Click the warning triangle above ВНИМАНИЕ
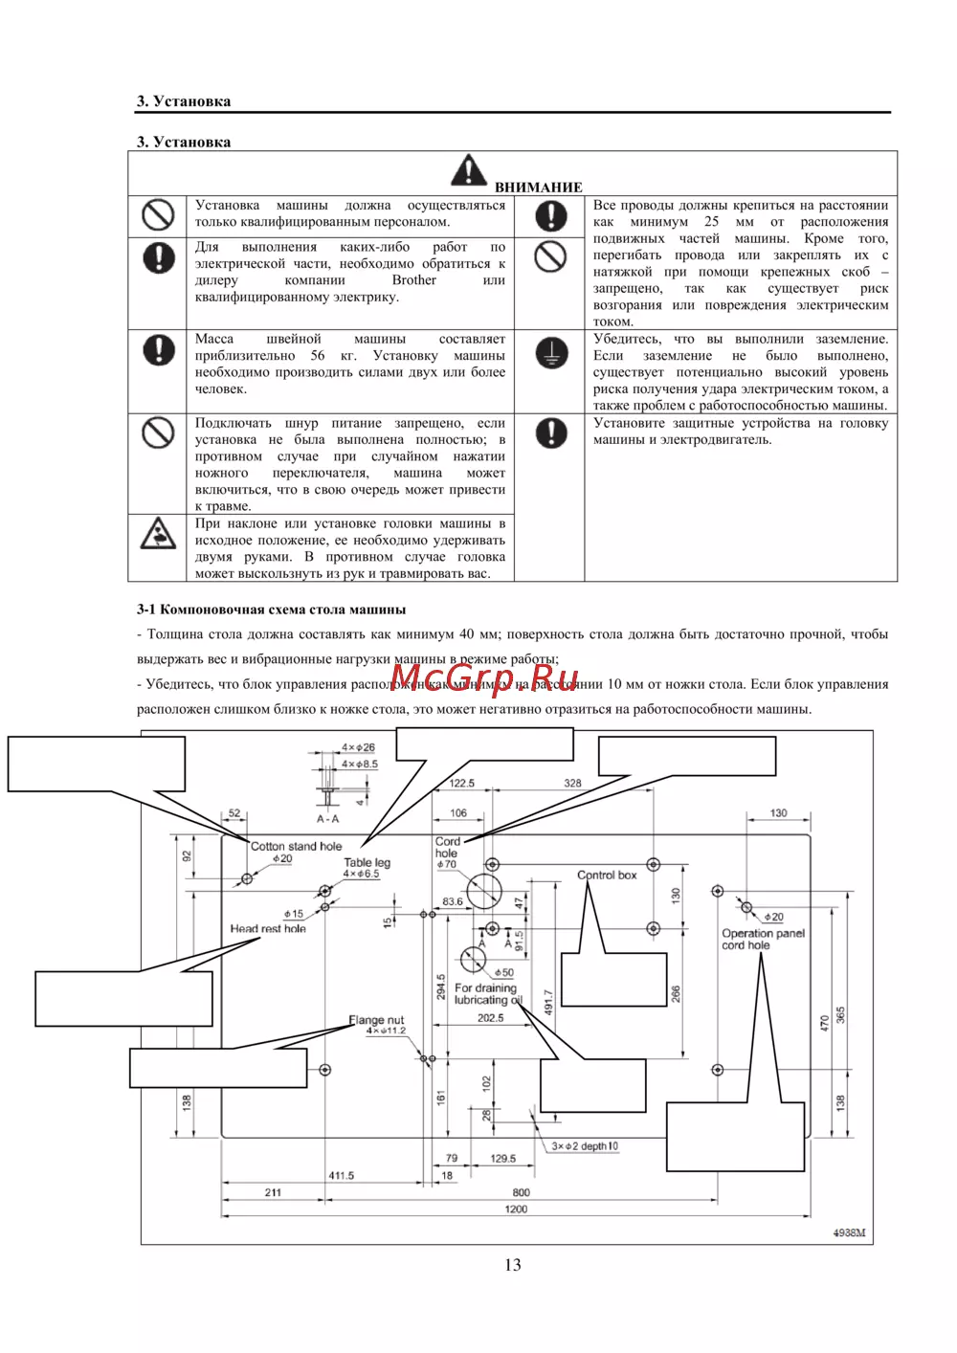point(468,170)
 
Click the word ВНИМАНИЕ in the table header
point(538,188)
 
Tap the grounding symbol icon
point(550,352)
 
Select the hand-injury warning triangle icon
point(158,534)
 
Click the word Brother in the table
point(413,280)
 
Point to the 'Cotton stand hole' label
point(296,846)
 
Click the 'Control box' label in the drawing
point(607,875)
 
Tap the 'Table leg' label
point(367,862)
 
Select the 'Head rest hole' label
point(268,928)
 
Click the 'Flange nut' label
point(376,1020)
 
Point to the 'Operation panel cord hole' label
point(763,939)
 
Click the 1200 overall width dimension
point(516,1209)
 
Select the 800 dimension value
point(521,1192)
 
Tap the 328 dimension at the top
point(572,783)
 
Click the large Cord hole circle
point(483,890)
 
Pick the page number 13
point(513,1265)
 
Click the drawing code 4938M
point(848,1232)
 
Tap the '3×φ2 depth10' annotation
point(585,1145)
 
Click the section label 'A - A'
point(327,819)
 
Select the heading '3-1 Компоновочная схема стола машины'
point(271,610)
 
